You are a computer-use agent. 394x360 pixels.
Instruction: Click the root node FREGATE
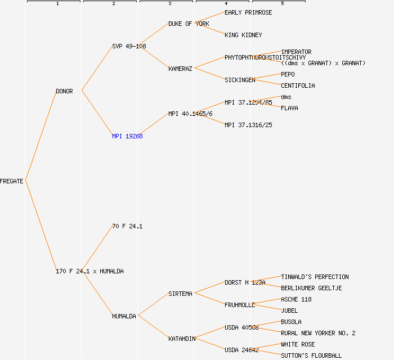pyautogui.click(x=12, y=181)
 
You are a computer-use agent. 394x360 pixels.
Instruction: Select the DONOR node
pyautogui.click(x=64, y=91)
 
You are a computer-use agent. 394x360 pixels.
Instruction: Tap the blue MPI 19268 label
pyautogui.click(x=127, y=136)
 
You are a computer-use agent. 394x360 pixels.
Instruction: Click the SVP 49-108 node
pyautogui.click(x=129, y=46)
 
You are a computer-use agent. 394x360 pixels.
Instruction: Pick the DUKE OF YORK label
pyautogui.click(x=189, y=24)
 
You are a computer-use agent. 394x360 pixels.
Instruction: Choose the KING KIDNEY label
pyautogui.click(x=243, y=35)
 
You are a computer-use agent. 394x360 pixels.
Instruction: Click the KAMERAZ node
pyautogui.click(x=180, y=69)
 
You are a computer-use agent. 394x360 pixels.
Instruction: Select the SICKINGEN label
pyautogui.click(x=240, y=80)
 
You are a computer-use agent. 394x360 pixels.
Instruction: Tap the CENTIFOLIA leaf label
pyautogui.click(x=298, y=85)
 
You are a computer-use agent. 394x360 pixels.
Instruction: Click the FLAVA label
pyautogui.click(x=289, y=108)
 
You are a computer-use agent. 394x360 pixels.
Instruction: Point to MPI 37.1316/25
pyautogui.click(x=248, y=125)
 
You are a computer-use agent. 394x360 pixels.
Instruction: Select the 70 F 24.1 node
pyautogui.click(x=127, y=226)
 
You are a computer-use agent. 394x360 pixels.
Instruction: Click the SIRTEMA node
pyautogui.click(x=180, y=294)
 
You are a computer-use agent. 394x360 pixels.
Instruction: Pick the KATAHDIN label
pyautogui.click(x=182, y=339)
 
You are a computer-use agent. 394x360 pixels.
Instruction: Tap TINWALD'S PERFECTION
pyautogui.click(x=315, y=277)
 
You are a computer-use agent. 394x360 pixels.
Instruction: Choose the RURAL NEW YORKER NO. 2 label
pyautogui.click(x=318, y=333)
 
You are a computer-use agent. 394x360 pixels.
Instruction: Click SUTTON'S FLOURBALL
pyautogui.click(x=311, y=355)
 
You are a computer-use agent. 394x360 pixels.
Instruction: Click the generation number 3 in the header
pyautogui.click(x=170, y=4)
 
